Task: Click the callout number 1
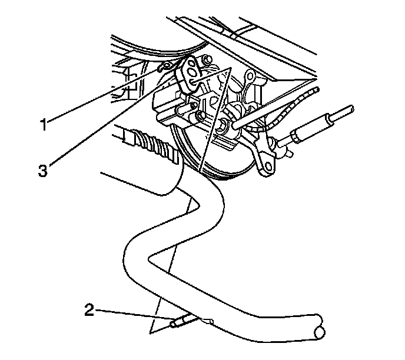[43, 124]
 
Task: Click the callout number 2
[89, 311]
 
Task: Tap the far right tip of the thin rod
[352, 108]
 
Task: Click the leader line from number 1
[106, 94]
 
